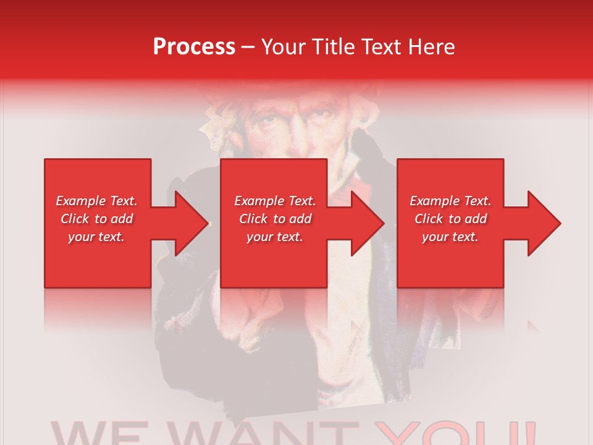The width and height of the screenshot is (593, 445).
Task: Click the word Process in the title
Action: (x=194, y=47)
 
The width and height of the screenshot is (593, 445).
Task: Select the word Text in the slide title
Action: (x=381, y=47)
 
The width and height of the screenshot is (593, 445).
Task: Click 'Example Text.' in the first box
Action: (x=96, y=201)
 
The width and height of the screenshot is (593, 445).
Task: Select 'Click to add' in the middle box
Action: (x=275, y=219)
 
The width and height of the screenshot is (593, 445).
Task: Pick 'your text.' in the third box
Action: (x=450, y=237)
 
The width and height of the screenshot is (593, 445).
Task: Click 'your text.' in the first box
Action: (x=96, y=237)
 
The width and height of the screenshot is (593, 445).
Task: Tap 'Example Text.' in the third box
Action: (x=450, y=201)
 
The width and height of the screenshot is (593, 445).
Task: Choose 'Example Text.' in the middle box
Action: (x=275, y=201)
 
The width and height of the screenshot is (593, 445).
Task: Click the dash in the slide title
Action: (x=248, y=47)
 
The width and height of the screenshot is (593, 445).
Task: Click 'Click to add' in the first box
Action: (x=96, y=219)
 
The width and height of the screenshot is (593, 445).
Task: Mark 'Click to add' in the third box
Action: (x=450, y=219)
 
